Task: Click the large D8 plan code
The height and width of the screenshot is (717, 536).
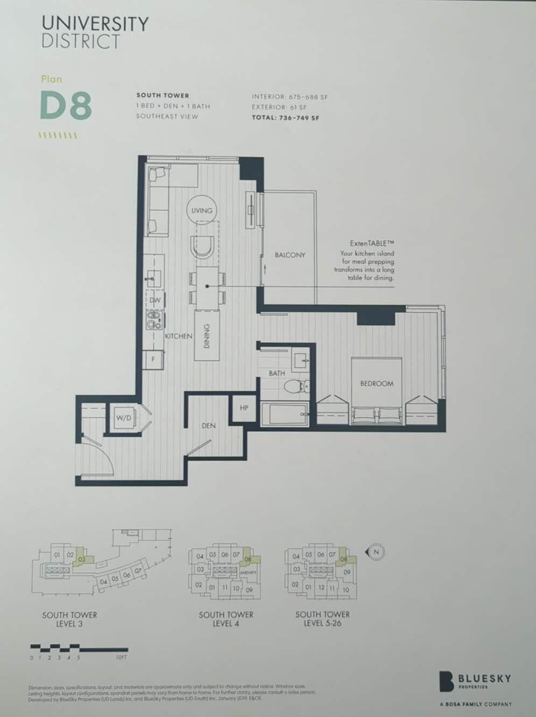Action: click(66, 106)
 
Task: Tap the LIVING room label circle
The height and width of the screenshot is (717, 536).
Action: click(202, 210)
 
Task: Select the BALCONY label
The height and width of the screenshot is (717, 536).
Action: click(290, 255)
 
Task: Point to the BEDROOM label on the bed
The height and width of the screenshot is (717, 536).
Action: click(377, 383)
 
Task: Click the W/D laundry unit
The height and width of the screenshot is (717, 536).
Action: click(124, 418)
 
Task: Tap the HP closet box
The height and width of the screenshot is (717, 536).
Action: click(244, 408)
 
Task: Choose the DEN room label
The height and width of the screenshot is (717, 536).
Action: click(209, 425)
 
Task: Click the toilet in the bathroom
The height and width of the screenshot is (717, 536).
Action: click(295, 385)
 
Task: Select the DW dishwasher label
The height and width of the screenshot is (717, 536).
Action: click(155, 300)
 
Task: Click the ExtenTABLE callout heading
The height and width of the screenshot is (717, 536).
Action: click(372, 243)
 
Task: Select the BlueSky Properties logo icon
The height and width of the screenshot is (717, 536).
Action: click(446, 681)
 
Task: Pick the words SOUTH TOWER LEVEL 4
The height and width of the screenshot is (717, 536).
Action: click(226, 619)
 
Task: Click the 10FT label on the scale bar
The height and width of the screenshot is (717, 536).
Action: click(122, 657)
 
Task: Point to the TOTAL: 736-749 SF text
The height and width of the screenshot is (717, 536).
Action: click(285, 117)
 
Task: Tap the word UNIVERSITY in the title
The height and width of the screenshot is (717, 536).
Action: click(95, 24)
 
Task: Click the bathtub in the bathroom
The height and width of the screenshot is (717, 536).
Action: click(284, 414)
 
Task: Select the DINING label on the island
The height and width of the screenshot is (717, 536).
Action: click(208, 336)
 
